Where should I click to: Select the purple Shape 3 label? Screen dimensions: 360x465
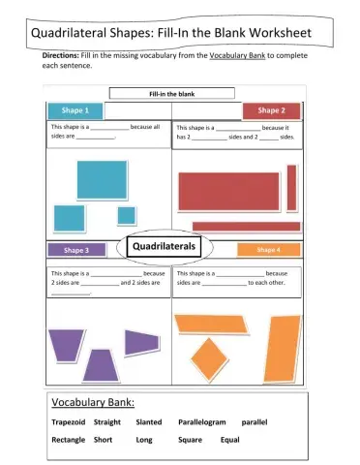point(76,250)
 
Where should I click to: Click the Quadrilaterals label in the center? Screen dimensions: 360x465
point(163,247)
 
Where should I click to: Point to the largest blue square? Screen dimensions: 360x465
point(102,178)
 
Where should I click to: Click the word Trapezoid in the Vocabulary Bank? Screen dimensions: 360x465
point(69,422)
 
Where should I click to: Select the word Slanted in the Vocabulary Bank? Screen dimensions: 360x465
point(149,422)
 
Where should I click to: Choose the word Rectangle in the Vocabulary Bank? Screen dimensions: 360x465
point(68,440)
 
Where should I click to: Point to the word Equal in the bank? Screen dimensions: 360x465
point(230,440)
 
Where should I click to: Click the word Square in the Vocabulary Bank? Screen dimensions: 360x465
point(190,440)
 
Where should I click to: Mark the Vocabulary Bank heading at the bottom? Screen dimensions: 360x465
point(93,402)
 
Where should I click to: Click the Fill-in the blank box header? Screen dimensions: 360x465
point(171,94)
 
